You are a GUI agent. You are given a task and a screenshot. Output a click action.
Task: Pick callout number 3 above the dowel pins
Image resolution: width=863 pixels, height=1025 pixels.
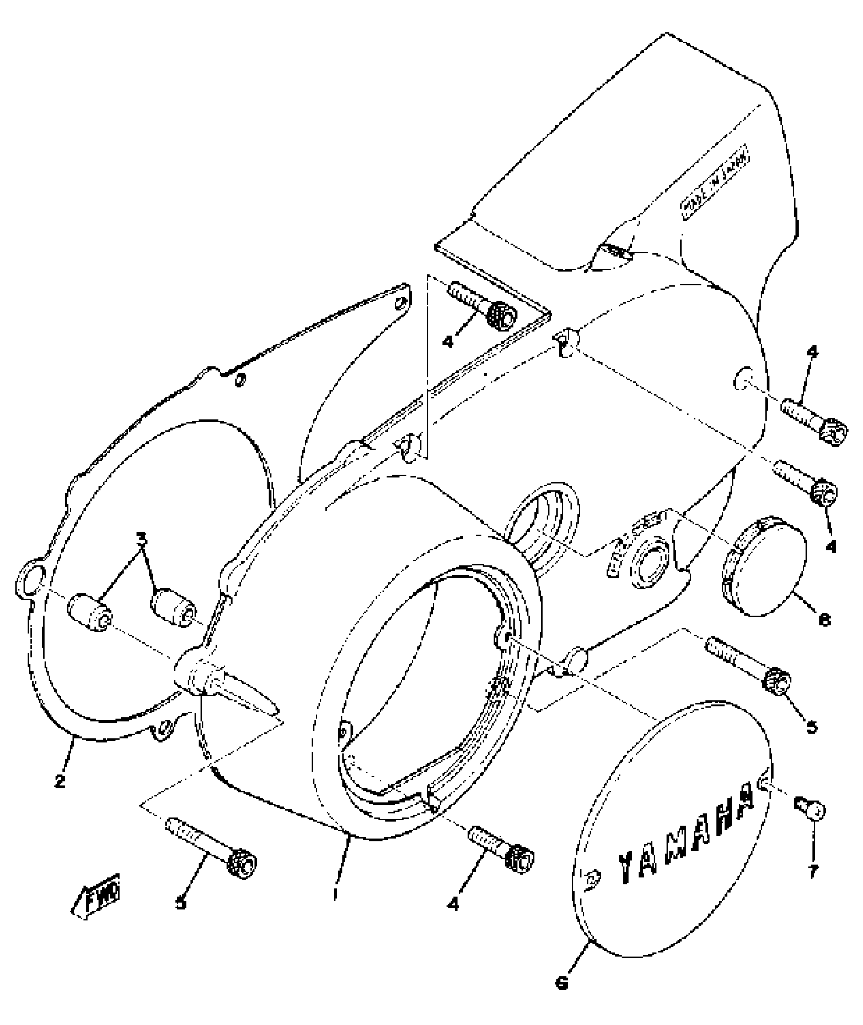pos(142,537)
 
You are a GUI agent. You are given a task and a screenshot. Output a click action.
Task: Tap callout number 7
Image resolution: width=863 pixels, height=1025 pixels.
pos(813,872)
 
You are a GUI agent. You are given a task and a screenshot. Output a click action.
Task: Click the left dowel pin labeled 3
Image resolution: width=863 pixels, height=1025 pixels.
pos(89,612)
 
